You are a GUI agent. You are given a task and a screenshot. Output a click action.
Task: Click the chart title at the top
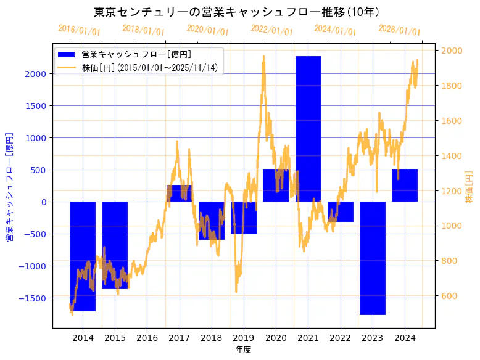[x=236, y=12]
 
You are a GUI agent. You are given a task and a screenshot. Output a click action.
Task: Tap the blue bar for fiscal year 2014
[x=83, y=256]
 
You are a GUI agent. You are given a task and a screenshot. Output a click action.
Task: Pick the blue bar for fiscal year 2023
[x=373, y=258]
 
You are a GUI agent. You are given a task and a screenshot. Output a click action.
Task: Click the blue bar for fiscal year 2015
[x=115, y=245]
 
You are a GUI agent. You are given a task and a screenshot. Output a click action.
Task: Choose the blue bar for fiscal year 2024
[x=405, y=185]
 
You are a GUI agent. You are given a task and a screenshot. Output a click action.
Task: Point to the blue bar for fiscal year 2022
[x=341, y=211]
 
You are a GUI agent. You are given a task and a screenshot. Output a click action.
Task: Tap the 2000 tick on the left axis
[x=35, y=74]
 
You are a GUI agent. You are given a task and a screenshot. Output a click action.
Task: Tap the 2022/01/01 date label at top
[x=272, y=30]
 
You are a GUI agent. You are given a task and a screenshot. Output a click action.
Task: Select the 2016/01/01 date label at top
[x=80, y=30]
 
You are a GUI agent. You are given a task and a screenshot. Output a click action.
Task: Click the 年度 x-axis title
[x=243, y=350]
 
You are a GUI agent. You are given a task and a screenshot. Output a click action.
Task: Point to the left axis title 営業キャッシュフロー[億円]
[x=9, y=186]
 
